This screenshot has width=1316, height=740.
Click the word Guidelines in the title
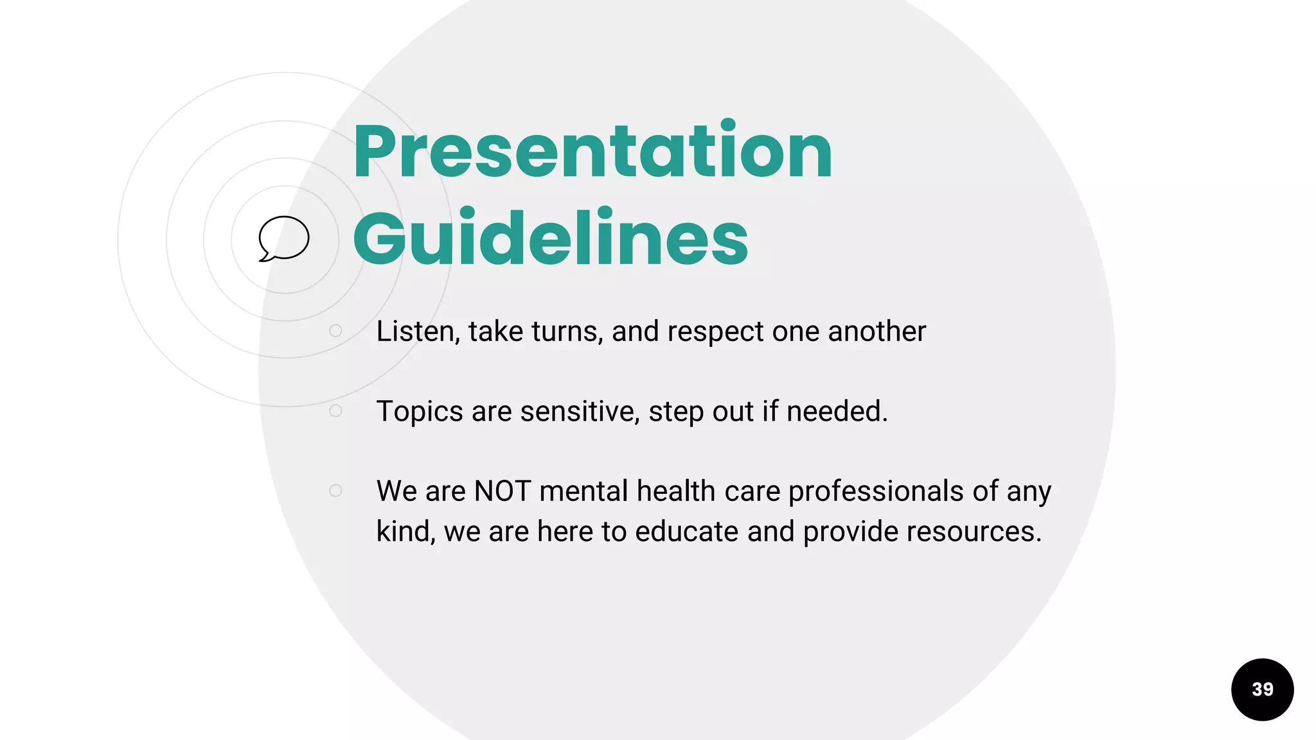pos(551,239)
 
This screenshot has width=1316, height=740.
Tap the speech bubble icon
pos(283,238)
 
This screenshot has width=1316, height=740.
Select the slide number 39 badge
pos(1262,689)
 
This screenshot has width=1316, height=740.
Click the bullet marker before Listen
pos(335,331)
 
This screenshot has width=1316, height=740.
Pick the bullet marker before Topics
pos(335,410)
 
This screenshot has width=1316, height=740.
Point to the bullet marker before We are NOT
pos(335,491)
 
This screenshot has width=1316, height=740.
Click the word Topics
pos(419,412)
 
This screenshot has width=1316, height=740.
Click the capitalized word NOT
pos(502,491)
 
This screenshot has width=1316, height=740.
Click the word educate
pos(686,532)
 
